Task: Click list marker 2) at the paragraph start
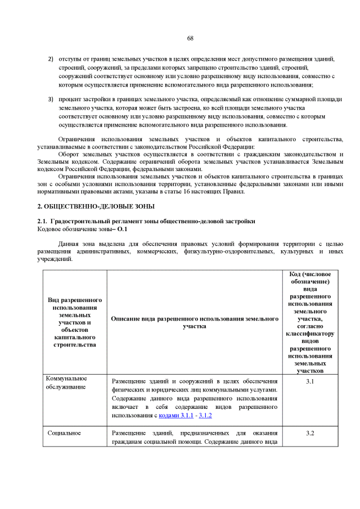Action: pos(50,59)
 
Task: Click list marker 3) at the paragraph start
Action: pos(50,99)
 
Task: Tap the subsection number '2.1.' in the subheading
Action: pos(43,222)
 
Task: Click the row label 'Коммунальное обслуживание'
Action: pos(66,382)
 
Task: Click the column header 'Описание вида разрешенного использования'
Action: pos(195,322)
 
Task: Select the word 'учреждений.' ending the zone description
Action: pos(55,259)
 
